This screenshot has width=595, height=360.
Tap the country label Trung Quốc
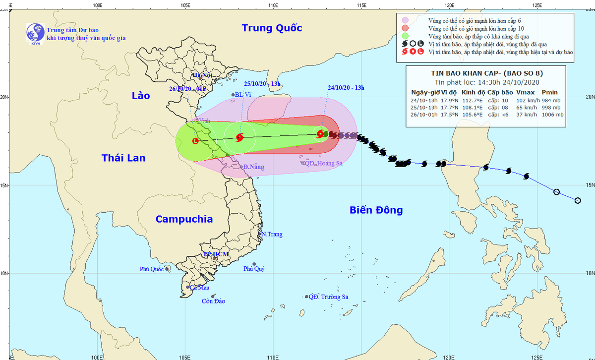pos(272,28)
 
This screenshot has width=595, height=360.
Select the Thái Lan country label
pos(123,158)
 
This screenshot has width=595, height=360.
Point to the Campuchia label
pos(184,219)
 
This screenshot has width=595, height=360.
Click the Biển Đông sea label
pos(376,210)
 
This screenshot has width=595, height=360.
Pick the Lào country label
pos(140,96)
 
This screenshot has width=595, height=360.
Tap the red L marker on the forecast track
pos(195,141)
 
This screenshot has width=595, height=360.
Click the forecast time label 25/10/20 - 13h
pos(263,84)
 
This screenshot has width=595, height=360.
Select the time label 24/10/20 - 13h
pos(346,88)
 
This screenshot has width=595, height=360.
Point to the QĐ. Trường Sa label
pos(328,297)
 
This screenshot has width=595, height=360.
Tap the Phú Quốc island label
pos(151,269)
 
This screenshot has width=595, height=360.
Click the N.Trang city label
pos(272,234)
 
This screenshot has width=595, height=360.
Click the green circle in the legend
pos(405,36)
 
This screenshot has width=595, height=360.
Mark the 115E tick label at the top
pos(361,5)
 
